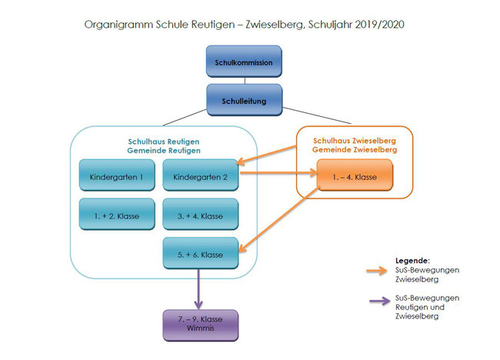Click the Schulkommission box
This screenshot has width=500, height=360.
(244, 62)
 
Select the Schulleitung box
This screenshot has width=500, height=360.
(245, 100)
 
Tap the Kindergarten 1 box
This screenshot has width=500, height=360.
(117, 175)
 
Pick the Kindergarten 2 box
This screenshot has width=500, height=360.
(201, 175)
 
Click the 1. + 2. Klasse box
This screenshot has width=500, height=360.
(117, 215)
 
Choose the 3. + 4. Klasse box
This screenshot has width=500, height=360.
(201, 215)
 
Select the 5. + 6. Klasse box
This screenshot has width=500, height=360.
(201, 253)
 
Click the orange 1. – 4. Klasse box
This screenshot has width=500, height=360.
(355, 175)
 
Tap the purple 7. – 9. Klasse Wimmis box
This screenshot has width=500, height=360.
(201, 325)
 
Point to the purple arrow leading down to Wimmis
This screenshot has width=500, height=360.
(198, 289)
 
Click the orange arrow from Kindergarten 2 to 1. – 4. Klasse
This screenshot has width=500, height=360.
(278, 173)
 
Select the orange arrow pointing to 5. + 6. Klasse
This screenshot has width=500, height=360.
(279, 219)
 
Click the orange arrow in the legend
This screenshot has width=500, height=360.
(377, 271)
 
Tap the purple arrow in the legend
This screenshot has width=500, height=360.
(380, 301)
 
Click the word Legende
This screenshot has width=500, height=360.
(412, 261)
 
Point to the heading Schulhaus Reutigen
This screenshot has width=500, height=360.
(164, 142)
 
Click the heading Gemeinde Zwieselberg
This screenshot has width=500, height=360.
(355, 149)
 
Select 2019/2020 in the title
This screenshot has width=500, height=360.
(379, 25)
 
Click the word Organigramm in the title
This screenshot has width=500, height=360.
(118, 25)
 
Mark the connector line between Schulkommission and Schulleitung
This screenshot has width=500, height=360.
(245, 81)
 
